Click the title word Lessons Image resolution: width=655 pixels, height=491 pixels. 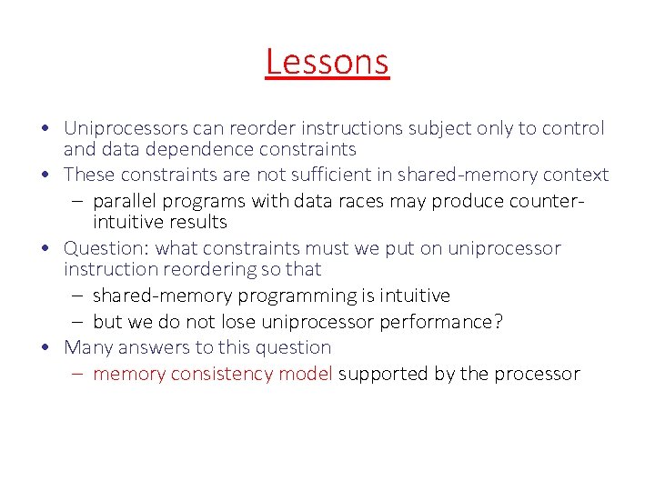[x=327, y=62]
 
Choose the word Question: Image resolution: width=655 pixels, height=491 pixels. [x=107, y=248]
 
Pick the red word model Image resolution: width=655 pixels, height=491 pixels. [x=307, y=374]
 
